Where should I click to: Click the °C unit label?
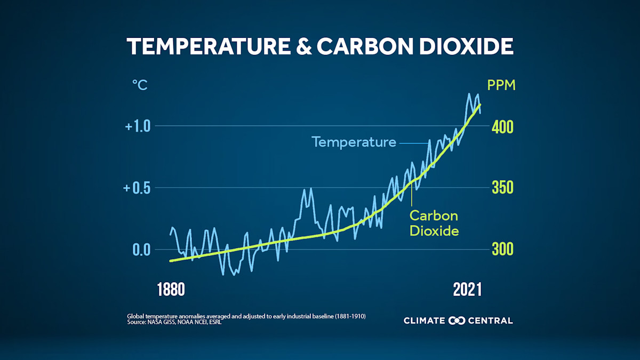(x=140, y=85)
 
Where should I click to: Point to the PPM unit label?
(x=501, y=85)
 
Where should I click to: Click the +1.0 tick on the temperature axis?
(x=138, y=127)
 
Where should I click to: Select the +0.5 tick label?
(x=138, y=188)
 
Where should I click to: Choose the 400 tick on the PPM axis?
(x=502, y=127)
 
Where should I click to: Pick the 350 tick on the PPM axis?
(x=502, y=188)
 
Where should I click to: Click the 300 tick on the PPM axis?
(x=502, y=250)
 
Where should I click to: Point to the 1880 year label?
(x=171, y=290)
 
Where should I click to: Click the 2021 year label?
(x=467, y=290)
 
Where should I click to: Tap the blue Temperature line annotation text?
(x=354, y=142)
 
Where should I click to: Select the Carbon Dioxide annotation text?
(x=434, y=223)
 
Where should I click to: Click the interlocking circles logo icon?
(x=457, y=321)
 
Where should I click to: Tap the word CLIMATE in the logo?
(x=425, y=321)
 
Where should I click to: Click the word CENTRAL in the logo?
(x=490, y=321)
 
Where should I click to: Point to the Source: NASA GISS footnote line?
(x=174, y=323)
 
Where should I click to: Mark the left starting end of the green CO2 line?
(x=171, y=261)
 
